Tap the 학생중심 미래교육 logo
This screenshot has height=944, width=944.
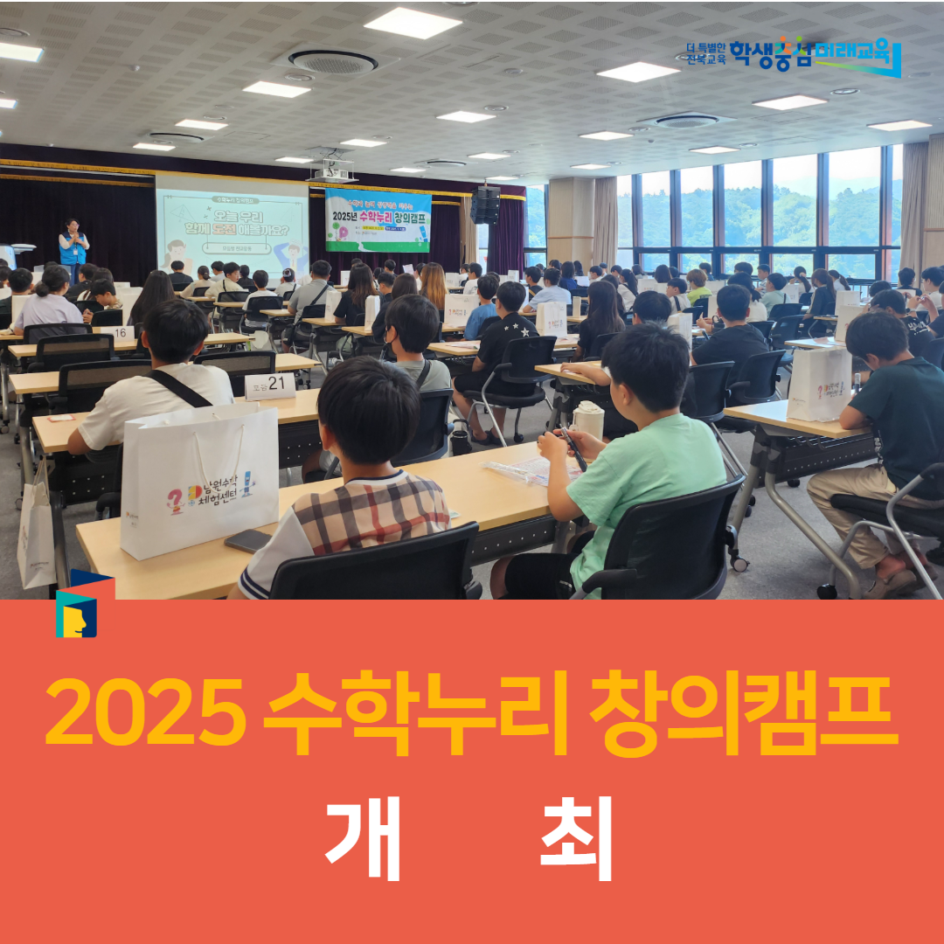[x=791, y=57]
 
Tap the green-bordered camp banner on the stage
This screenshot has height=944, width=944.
[x=378, y=220]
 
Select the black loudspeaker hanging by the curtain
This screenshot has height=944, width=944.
[x=485, y=205]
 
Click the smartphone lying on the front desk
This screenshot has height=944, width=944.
[x=247, y=541]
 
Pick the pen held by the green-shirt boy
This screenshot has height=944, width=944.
[x=574, y=448]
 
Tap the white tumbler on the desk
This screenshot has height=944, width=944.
[x=588, y=420]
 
